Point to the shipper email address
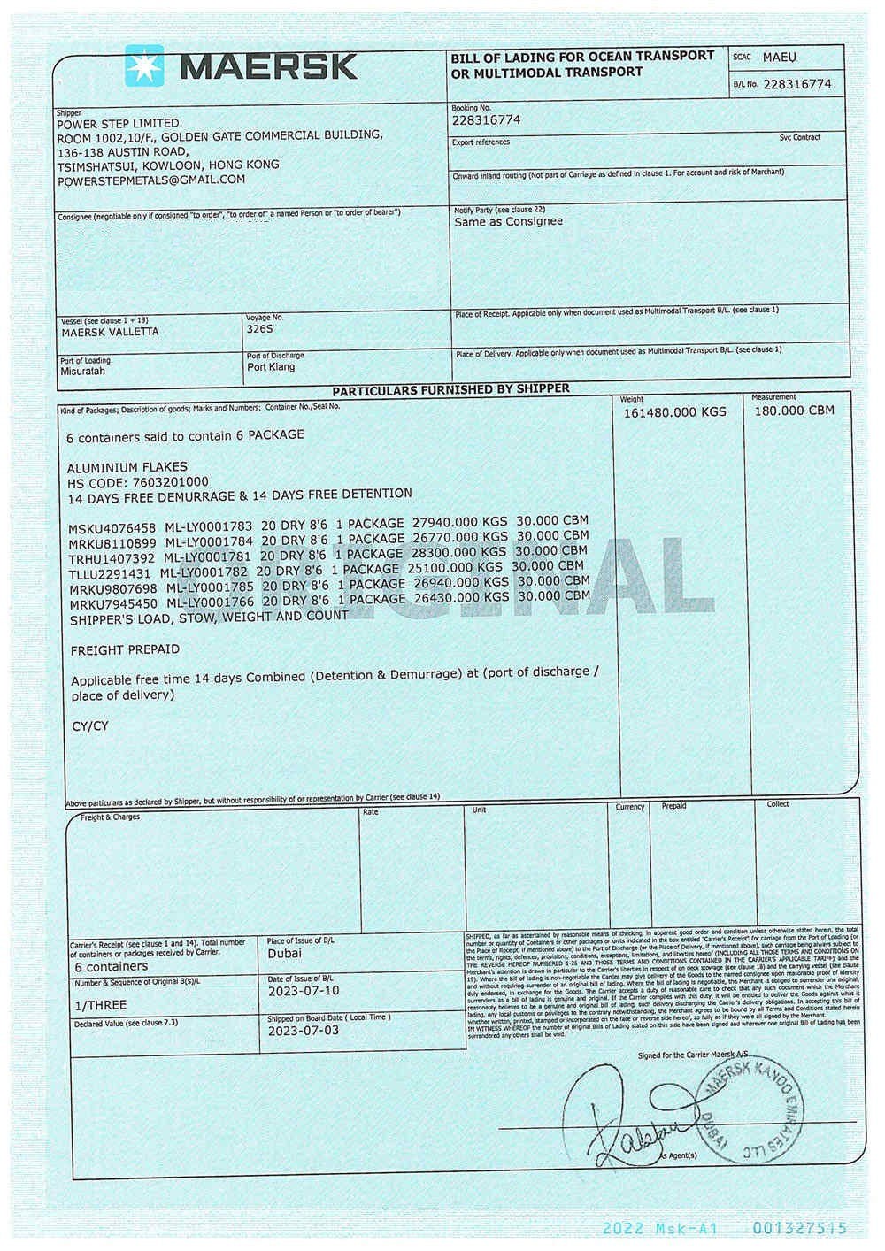(151, 180)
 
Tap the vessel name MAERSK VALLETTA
(110, 332)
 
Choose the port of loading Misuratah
(82, 372)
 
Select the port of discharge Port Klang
(271, 367)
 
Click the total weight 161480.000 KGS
(674, 412)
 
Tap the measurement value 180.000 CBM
(794, 411)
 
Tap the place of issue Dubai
(284, 953)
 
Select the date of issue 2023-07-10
(303, 991)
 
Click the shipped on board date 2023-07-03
(303, 1031)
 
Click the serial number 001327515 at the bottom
(800, 1228)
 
